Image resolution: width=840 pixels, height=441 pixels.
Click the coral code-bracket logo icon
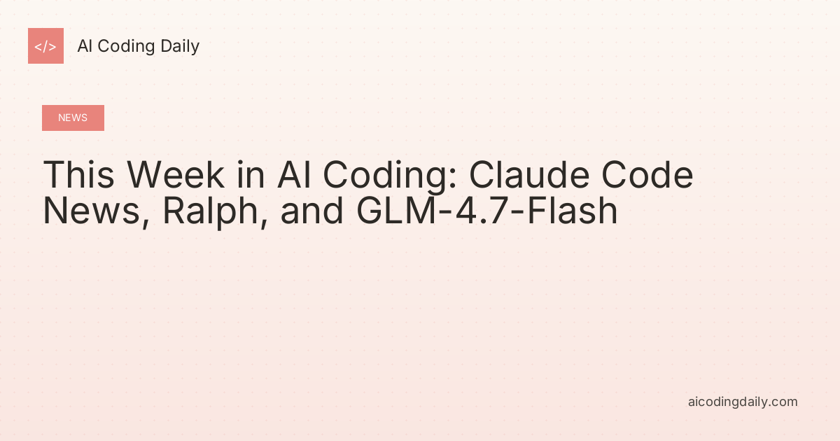coord(45,46)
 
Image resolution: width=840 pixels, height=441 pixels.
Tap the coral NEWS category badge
coord(73,118)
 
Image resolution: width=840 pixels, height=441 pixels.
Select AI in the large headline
coord(294,175)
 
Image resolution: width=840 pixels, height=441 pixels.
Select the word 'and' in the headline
coord(312,211)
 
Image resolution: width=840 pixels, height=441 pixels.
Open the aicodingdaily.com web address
coord(743,402)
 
